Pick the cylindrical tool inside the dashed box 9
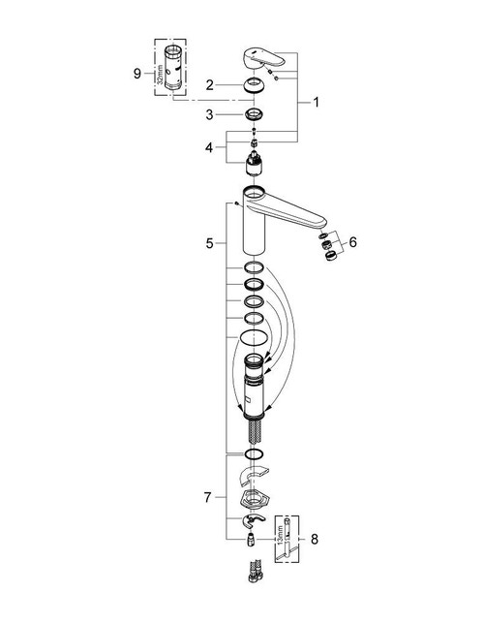coord(175,67)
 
